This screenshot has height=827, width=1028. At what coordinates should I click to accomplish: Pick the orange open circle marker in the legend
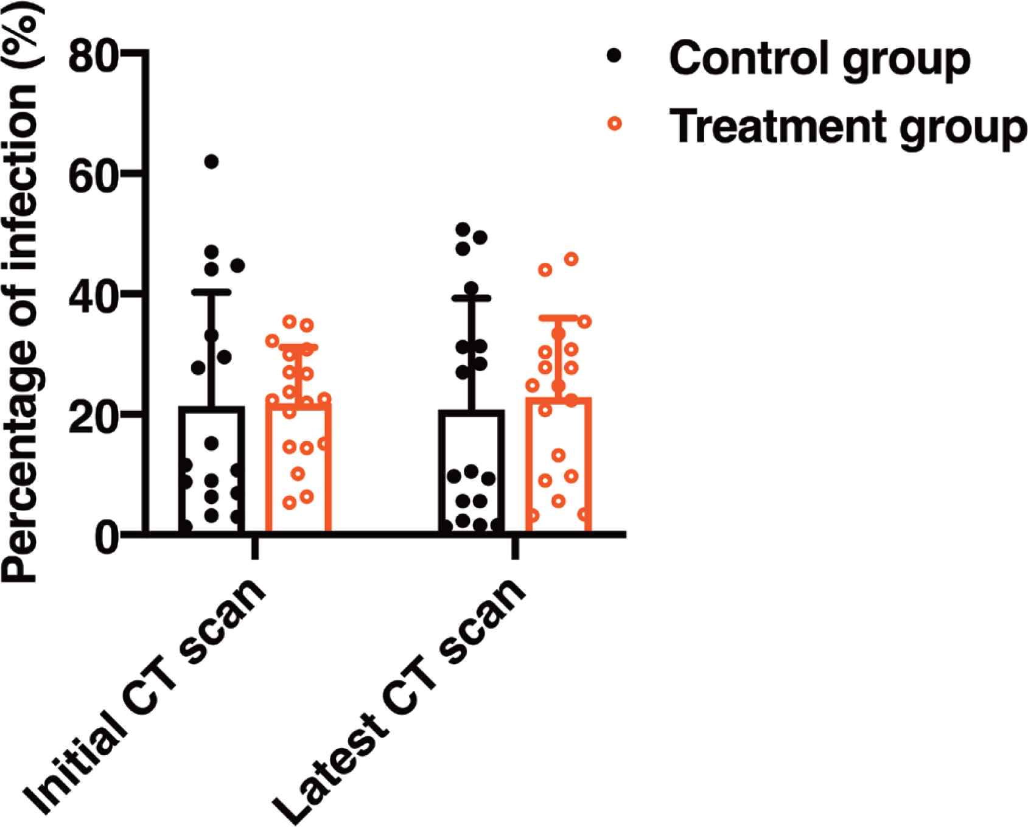point(615,124)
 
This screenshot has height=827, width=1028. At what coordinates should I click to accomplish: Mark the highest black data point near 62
point(211,161)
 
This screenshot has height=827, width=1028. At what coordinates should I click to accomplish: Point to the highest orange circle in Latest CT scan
point(572,259)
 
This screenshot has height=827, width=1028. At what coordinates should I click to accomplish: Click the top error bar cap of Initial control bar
point(212,292)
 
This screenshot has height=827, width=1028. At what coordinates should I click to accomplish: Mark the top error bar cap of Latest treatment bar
point(558,317)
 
